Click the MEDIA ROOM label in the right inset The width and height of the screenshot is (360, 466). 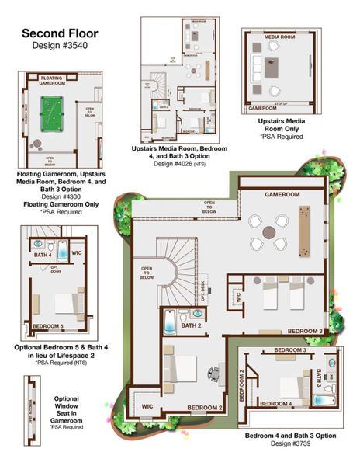(x=279, y=37)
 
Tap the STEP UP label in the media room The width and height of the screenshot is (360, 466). (x=281, y=103)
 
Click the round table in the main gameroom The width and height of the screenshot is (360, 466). (x=268, y=231)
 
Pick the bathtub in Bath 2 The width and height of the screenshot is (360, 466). (x=170, y=320)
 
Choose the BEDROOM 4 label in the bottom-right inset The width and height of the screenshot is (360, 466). (x=275, y=403)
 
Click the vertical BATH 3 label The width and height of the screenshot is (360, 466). (x=318, y=381)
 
